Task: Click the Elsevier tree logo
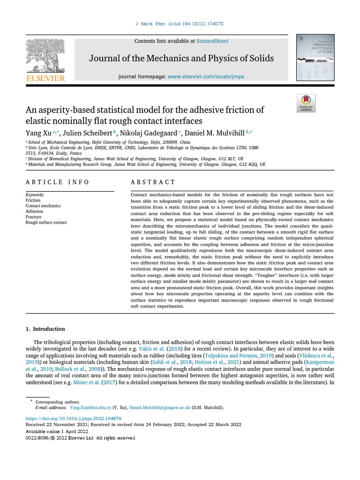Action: [x=45, y=55]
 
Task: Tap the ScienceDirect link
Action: [x=212, y=41]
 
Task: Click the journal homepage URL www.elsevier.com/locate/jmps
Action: [x=206, y=76]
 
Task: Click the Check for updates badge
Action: [x=306, y=103]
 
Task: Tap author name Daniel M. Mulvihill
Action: [x=215, y=133]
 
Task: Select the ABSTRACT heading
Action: [x=153, y=182]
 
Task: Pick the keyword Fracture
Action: [x=33, y=217]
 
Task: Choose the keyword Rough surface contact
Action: [x=46, y=223]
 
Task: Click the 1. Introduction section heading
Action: [x=45, y=329]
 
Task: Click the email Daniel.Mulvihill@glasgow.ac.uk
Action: [x=160, y=408]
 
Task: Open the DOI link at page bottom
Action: [x=73, y=418]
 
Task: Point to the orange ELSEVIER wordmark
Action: [x=45, y=78]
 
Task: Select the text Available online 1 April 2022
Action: [x=57, y=431]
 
